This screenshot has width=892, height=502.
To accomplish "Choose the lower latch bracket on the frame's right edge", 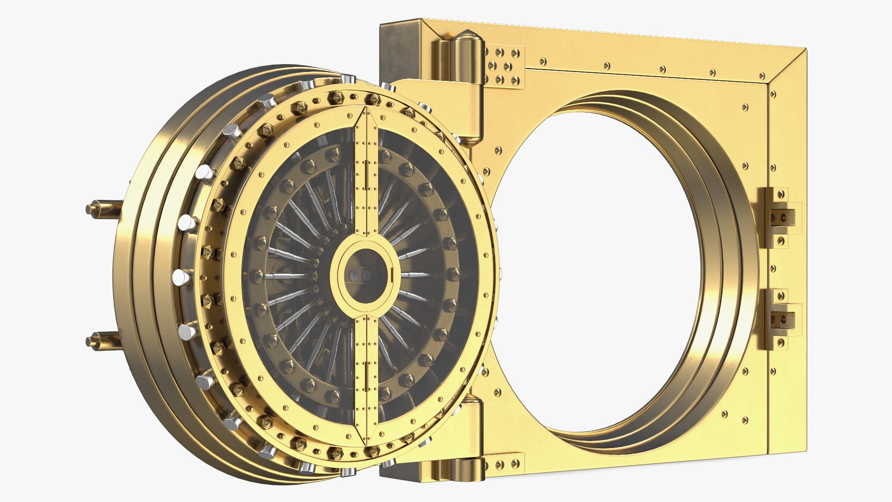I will pyautogui.click(x=778, y=319).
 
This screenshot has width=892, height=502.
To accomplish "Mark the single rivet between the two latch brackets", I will pyautogui.click(x=773, y=268).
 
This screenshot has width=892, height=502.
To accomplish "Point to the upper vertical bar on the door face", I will pyautogui.click(x=367, y=177).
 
